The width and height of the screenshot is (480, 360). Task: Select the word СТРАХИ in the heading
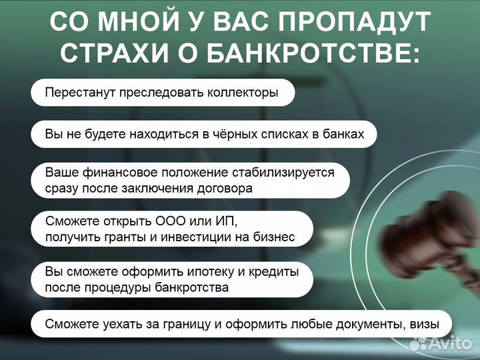[x=110, y=54]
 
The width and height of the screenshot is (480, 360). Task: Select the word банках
[x=343, y=134]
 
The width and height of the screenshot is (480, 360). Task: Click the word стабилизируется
[x=288, y=173]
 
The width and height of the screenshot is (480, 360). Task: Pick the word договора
[x=226, y=188]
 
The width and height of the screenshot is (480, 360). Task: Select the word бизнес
[x=273, y=237]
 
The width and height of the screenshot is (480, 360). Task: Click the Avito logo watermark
[x=442, y=343]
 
